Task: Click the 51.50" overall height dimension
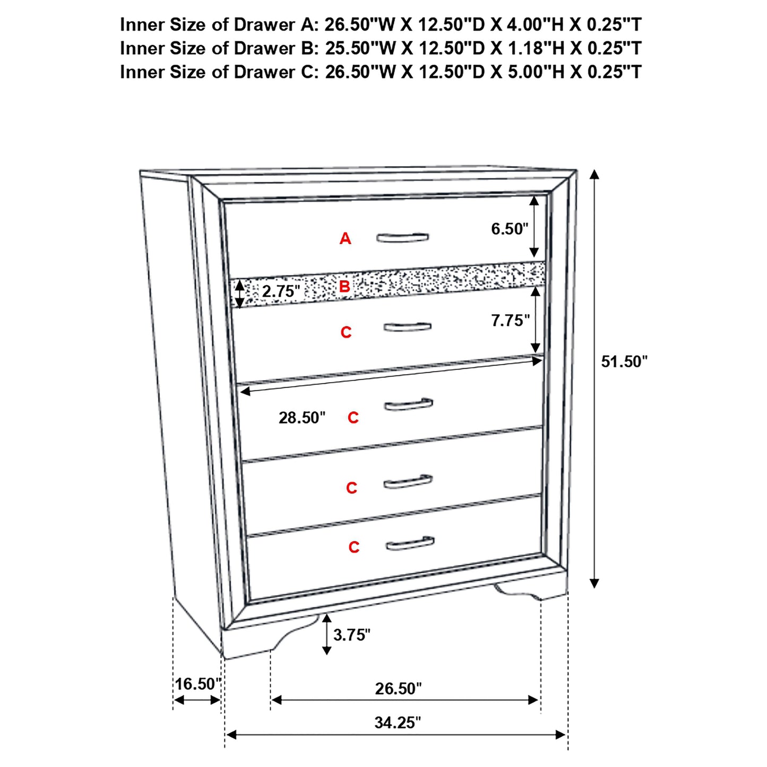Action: (x=624, y=362)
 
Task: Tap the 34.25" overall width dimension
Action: (x=397, y=722)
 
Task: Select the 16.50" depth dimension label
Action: (x=198, y=684)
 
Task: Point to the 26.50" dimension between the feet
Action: (x=398, y=688)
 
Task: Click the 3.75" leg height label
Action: (x=351, y=634)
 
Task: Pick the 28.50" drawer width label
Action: (x=301, y=418)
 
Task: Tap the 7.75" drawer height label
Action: (x=510, y=321)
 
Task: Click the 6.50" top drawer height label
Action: (x=509, y=229)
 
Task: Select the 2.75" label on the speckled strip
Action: (x=281, y=291)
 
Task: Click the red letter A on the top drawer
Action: (x=345, y=239)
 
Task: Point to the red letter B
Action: (x=344, y=287)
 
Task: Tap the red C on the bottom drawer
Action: (x=354, y=547)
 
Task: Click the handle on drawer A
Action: (x=402, y=237)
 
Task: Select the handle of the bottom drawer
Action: (x=410, y=544)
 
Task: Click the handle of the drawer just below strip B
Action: (x=407, y=327)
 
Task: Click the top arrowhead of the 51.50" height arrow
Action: (x=594, y=175)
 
